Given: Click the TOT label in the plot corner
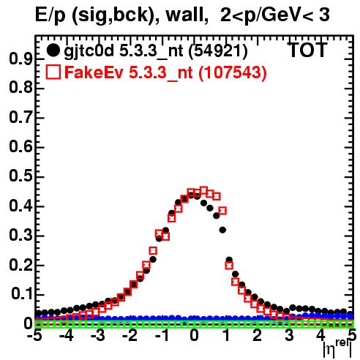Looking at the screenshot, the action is (x=307, y=50).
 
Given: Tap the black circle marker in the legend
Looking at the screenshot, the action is (x=53, y=50).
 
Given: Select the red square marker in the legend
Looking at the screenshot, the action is (x=53, y=72).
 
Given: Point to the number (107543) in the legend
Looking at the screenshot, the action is (x=233, y=72).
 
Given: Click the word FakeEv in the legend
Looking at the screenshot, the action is (x=94, y=72).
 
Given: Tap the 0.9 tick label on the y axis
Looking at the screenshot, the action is (x=20, y=59).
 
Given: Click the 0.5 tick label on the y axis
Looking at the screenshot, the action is (x=20, y=176).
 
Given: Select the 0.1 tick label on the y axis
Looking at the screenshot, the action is (x=21, y=294).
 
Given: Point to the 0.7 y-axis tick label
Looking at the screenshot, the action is (x=20, y=118).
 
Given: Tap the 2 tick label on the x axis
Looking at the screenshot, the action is (x=258, y=336).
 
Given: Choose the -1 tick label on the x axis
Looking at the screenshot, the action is (x=162, y=336).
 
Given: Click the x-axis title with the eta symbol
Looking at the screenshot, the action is (x=338, y=349).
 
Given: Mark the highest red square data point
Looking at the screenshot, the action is (x=203, y=190).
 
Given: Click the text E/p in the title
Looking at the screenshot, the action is (x=50, y=15).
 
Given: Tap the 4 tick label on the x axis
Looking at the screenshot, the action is (x=321, y=336).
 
